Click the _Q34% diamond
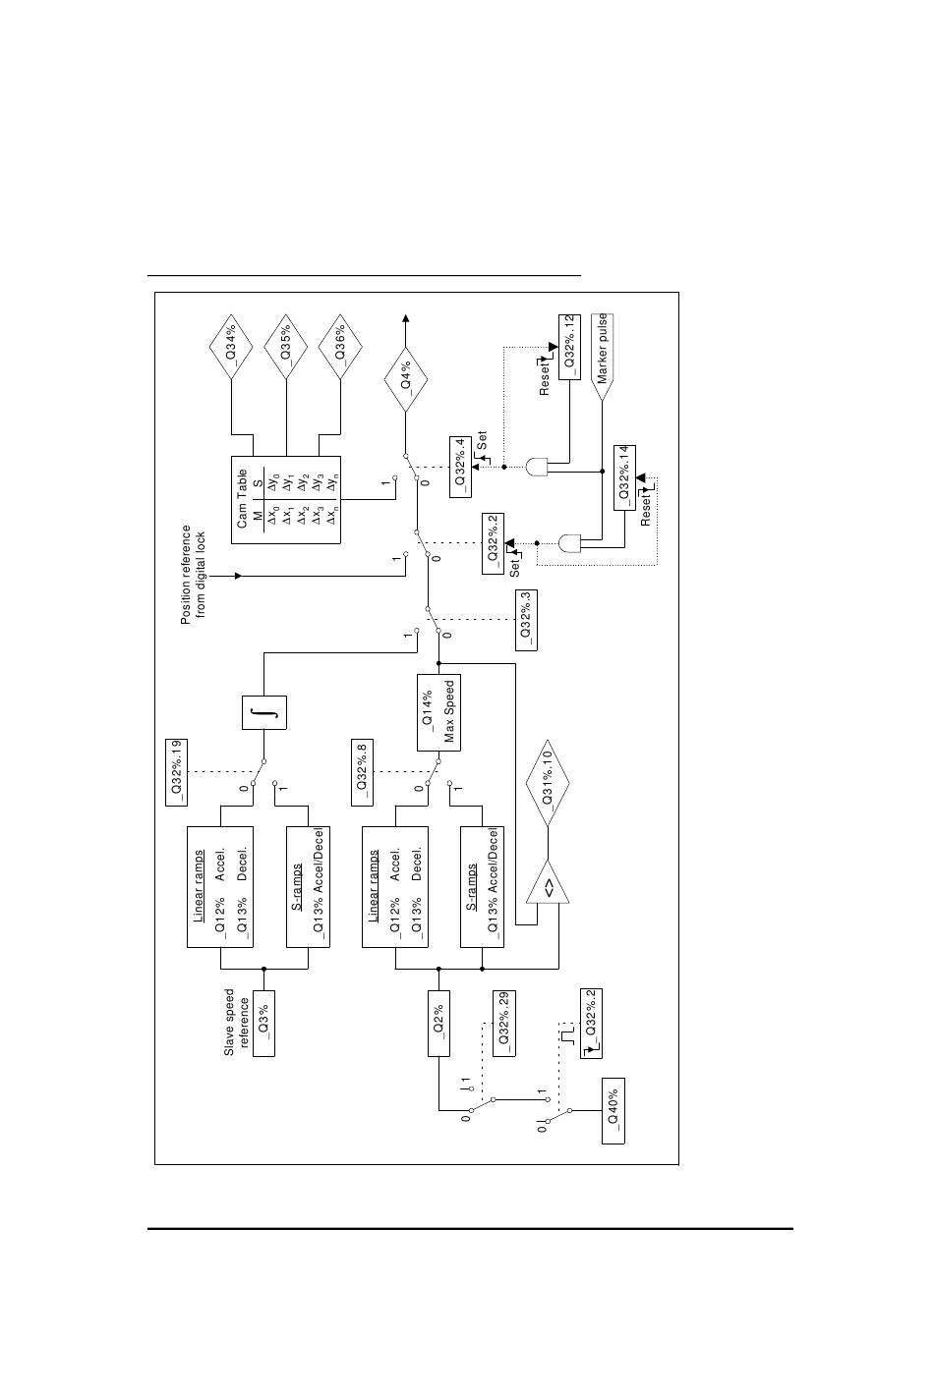pos(231,353)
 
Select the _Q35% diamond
pos(286,353)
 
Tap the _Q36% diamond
pos(340,353)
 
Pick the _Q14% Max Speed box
pos(438,713)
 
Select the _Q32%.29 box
pos(504,1023)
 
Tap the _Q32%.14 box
pos(625,476)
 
